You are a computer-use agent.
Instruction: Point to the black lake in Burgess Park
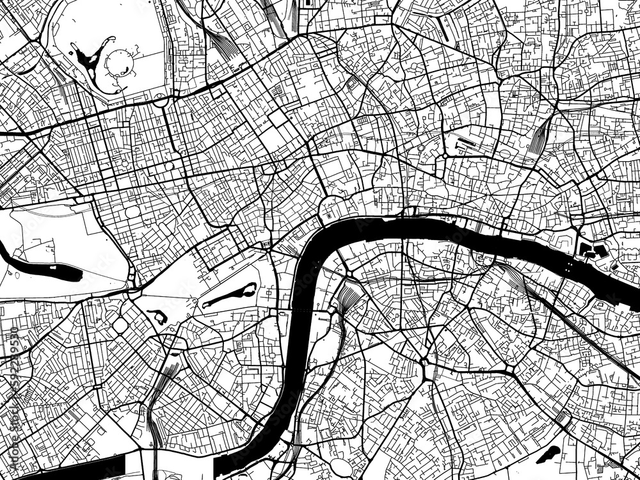coord(548,455)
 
